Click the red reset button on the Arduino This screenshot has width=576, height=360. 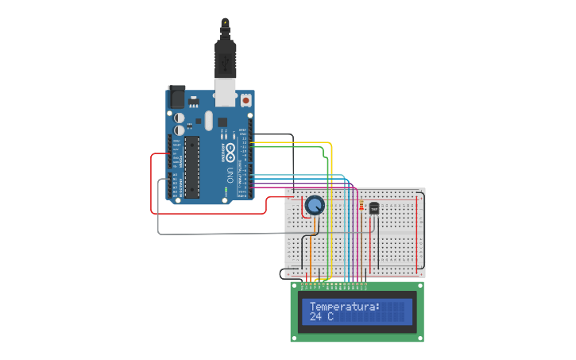(x=245, y=101)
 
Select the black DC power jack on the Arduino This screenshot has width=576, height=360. (x=176, y=97)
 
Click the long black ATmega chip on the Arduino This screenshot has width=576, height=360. (x=191, y=165)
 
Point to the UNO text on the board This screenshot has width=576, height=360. (x=230, y=172)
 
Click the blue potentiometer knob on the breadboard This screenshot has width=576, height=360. (x=315, y=207)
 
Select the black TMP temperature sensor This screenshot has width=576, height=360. (x=374, y=207)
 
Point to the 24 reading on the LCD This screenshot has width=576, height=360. (x=315, y=317)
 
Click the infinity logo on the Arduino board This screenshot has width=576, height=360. (x=230, y=149)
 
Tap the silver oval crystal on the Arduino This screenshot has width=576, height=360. (x=209, y=121)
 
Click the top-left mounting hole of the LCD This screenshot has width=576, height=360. (x=294, y=285)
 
